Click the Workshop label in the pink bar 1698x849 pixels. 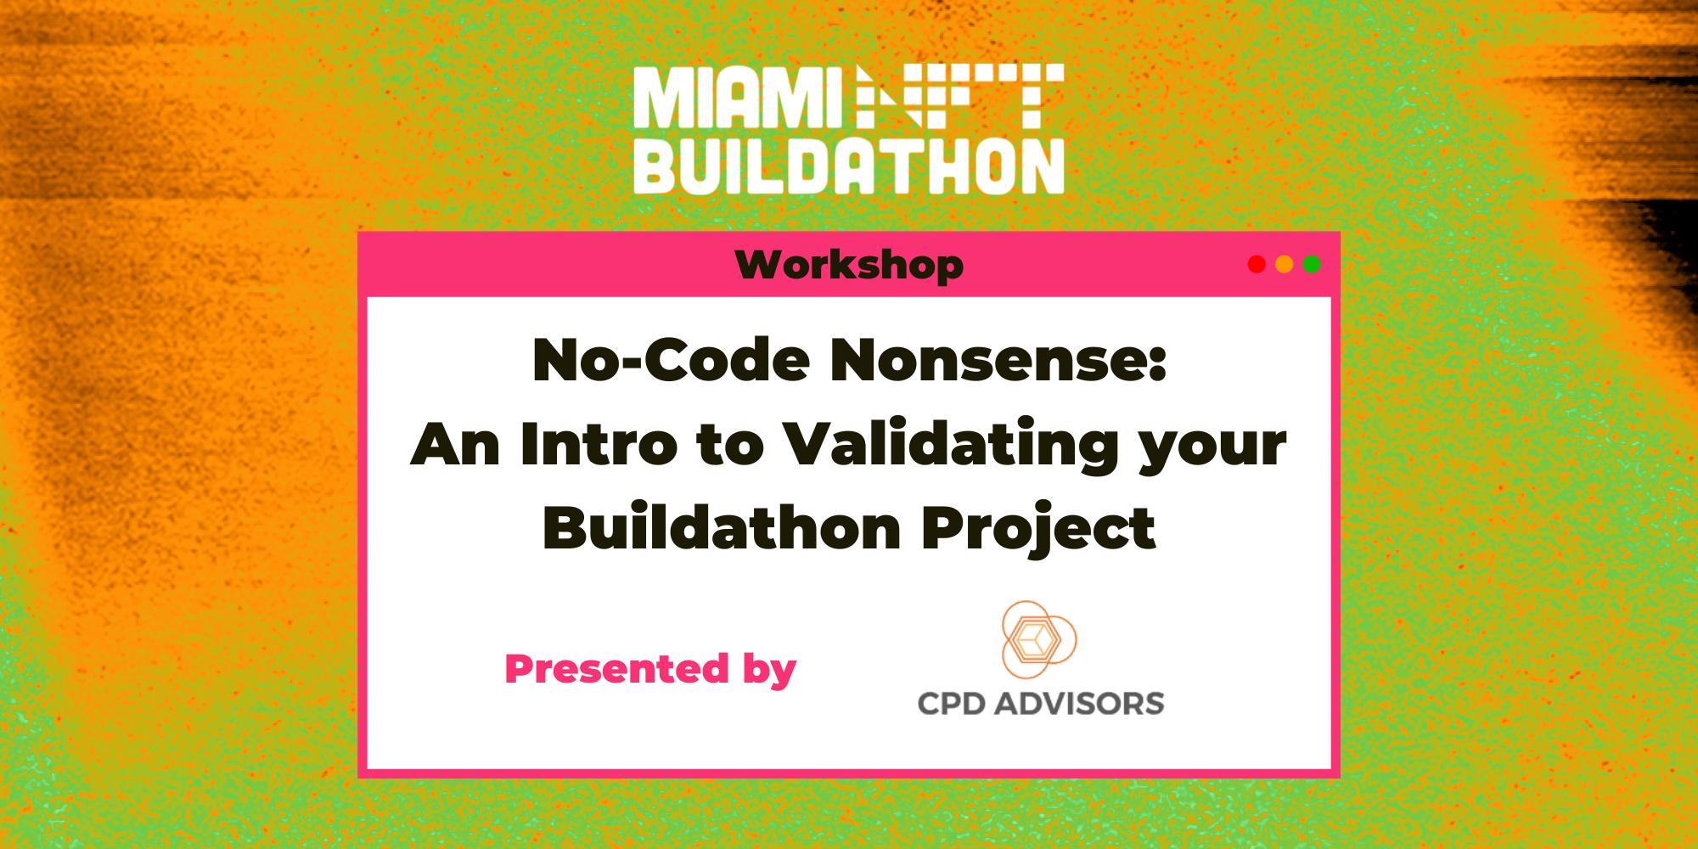click(x=849, y=266)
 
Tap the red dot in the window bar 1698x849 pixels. click(x=1257, y=265)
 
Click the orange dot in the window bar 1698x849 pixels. click(x=1284, y=265)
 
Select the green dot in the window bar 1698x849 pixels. click(x=1312, y=265)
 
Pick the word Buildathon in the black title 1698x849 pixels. click(x=722, y=528)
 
